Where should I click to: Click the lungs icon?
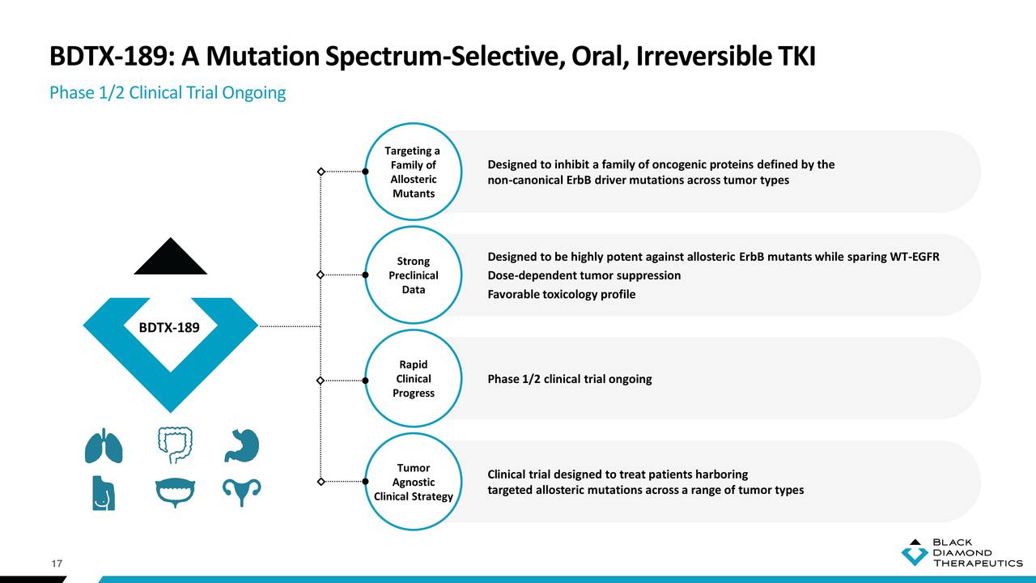click(x=104, y=446)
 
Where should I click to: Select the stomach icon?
click(x=241, y=445)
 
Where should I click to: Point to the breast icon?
click(x=103, y=492)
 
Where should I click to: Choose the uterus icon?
click(x=241, y=492)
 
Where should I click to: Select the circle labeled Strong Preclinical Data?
click(x=413, y=275)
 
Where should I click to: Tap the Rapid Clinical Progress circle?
click(x=413, y=379)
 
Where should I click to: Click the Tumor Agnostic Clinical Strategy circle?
click(x=413, y=482)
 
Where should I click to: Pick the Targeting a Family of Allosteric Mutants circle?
click(x=413, y=172)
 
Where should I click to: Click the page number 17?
click(x=57, y=564)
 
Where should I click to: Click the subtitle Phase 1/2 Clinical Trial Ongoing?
click(x=168, y=92)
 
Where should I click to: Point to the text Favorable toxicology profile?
click(x=561, y=294)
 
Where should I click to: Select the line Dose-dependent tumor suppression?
click(x=584, y=275)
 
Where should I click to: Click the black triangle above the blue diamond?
click(x=170, y=257)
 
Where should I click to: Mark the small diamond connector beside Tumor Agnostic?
click(x=321, y=482)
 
